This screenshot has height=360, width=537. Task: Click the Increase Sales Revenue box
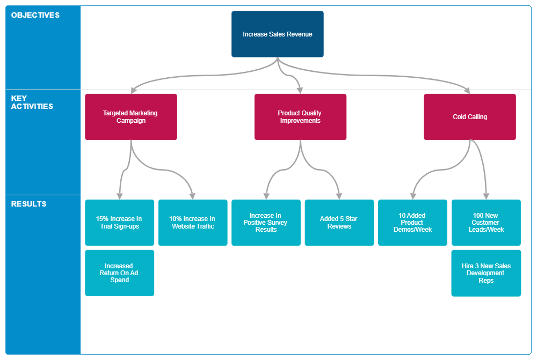click(x=277, y=34)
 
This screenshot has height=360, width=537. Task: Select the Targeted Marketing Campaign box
click(x=130, y=117)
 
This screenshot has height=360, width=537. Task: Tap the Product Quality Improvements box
click(x=300, y=117)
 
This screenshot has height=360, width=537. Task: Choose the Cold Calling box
click(x=469, y=117)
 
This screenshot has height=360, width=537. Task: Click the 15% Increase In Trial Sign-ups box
click(x=119, y=223)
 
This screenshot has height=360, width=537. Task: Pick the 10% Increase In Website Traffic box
click(x=192, y=223)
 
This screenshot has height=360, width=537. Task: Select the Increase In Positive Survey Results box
click(x=266, y=223)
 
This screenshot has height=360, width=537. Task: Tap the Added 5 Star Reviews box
click(x=339, y=223)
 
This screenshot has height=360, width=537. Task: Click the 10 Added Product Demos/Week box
click(x=412, y=223)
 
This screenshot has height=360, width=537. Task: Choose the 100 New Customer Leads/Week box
click(x=485, y=223)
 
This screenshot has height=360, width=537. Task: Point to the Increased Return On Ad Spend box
click(x=119, y=273)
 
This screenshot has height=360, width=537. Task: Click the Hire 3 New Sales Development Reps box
click(x=485, y=273)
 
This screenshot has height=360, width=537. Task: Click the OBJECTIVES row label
click(x=35, y=15)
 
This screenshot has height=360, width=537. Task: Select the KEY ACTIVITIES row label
click(x=32, y=102)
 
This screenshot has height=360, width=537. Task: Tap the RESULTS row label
click(x=28, y=204)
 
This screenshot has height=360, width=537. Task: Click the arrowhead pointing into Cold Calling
click(x=467, y=90)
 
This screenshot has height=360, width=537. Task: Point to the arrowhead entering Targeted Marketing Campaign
click(x=133, y=90)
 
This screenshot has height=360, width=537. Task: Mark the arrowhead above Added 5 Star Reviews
click(x=339, y=195)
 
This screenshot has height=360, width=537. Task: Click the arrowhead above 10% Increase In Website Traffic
click(x=192, y=195)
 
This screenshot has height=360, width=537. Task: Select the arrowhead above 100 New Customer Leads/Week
click(x=486, y=195)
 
